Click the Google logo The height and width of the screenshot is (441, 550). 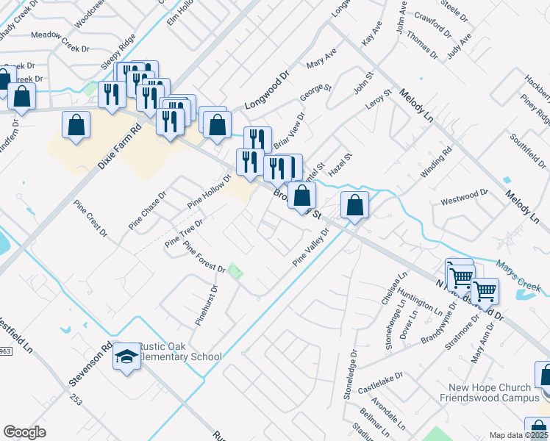coord(24,432)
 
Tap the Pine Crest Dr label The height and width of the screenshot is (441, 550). coord(91,216)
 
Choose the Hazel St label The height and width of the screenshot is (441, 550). coord(340,164)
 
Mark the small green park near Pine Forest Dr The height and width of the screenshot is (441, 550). coord(235,271)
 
